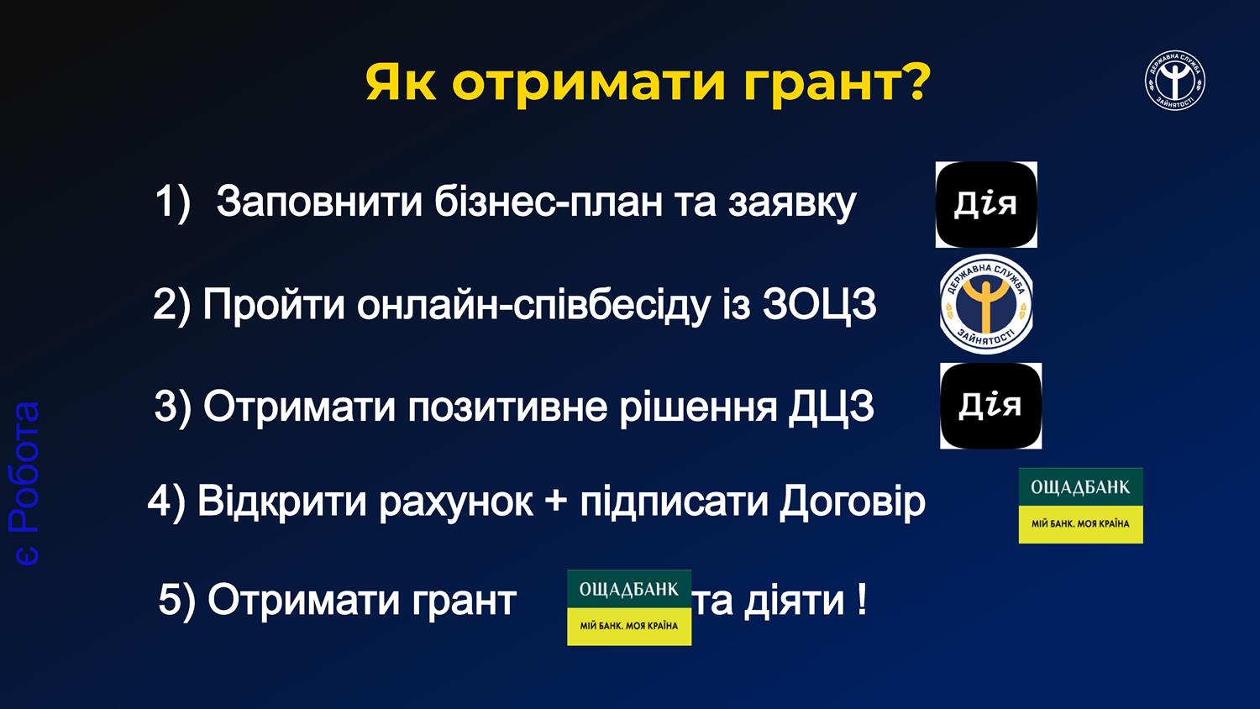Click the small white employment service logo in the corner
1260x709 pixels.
coord(1175,81)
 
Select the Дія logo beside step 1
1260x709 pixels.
coord(986,205)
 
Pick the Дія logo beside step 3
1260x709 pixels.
coord(990,406)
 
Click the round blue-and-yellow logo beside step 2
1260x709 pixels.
coord(986,304)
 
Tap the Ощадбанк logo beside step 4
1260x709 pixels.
coord(1080,506)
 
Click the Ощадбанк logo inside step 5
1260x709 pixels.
coord(629,607)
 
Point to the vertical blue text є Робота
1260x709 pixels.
coord(24,483)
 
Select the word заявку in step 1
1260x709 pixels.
coord(792,204)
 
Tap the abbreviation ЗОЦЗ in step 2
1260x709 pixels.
coord(819,304)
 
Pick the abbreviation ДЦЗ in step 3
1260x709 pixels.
coord(832,407)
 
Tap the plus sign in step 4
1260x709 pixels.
coord(556,502)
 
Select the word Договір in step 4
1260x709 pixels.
coord(853,502)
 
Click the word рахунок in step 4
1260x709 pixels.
coord(455,503)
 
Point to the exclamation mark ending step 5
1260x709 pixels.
coord(863,600)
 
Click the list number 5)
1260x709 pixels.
coord(176,601)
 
